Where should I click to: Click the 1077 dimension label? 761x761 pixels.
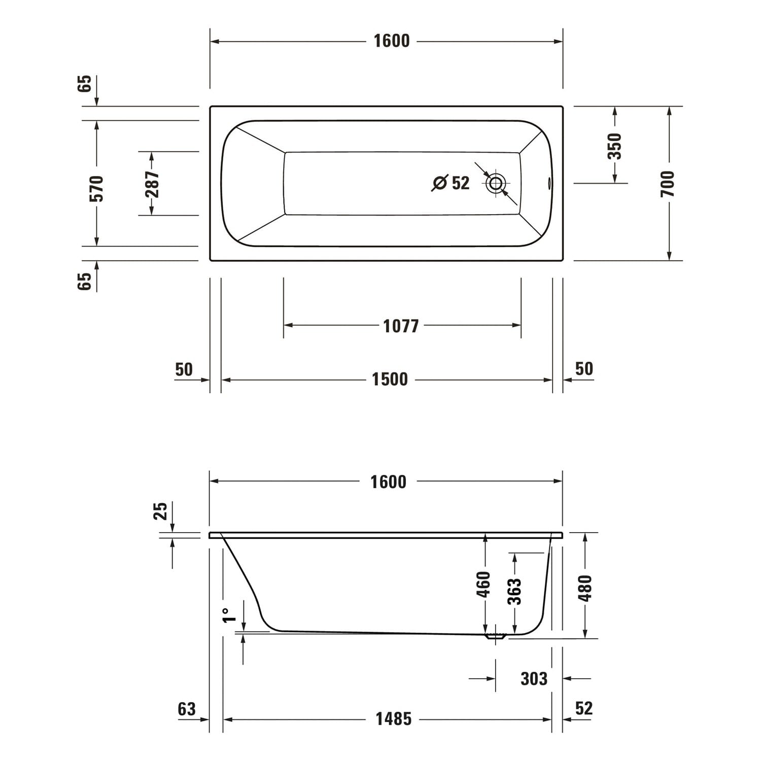tap(401, 326)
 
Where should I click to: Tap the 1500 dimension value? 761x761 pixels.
tap(390, 379)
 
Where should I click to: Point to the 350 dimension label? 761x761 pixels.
tap(614, 146)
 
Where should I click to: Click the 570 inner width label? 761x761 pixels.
tap(96, 188)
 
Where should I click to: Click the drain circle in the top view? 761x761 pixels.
tap(496, 183)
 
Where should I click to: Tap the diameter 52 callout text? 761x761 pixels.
tap(451, 183)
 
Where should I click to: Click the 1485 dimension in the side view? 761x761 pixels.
tap(393, 719)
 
